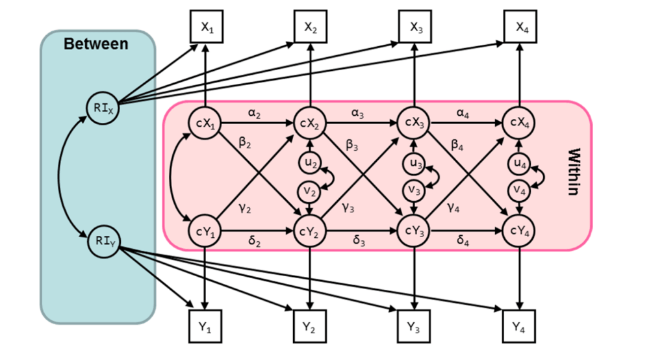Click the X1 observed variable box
coord(205,28)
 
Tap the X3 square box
coord(415,28)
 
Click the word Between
coord(96,44)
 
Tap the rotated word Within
coord(574,172)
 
